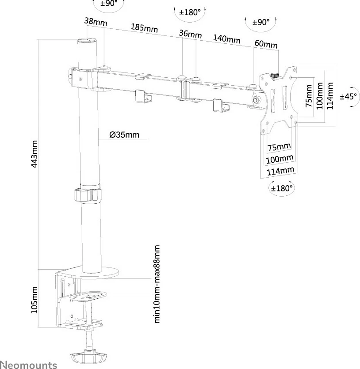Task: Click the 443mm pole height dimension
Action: point(34,154)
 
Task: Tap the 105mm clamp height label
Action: point(34,300)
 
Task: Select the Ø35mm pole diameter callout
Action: point(124,135)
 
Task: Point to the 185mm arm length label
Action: point(144,27)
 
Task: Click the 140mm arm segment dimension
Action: point(226,39)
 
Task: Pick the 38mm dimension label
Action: point(96,22)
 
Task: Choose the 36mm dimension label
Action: point(190,34)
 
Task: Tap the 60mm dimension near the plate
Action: point(266,44)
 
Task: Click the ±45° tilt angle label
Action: point(349,96)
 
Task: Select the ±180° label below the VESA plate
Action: point(282,188)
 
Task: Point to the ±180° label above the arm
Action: point(190,12)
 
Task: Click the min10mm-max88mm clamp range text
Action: point(157,284)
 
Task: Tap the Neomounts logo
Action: point(28,365)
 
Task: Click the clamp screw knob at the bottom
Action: point(88,357)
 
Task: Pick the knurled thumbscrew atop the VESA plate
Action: point(274,76)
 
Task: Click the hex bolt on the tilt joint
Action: point(256,100)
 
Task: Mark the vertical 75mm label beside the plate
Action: point(309,96)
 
